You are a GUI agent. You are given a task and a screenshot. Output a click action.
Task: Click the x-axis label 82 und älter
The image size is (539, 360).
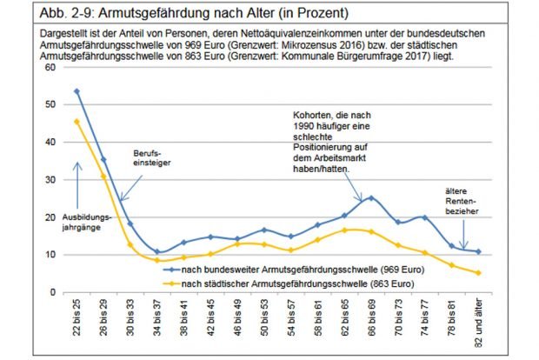pyautogui.click(x=478, y=323)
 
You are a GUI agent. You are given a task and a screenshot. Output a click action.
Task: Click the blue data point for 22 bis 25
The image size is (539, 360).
pyautogui.click(x=77, y=91)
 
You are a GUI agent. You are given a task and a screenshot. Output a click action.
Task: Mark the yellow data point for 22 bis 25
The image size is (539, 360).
pyautogui.click(x=77, y=122)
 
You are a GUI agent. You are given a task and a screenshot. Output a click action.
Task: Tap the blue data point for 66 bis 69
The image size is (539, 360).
pyautogui.click(x=371, y=198)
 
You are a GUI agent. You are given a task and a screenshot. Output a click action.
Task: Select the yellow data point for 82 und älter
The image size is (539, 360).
pyautogui.click(x=478, y=272)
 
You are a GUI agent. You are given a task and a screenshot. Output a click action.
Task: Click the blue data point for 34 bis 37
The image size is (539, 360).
pyautogui.click(x=157, y=252)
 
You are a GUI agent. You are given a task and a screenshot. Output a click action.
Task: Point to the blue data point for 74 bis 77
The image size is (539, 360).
pyautogui.click(x=425, y=217)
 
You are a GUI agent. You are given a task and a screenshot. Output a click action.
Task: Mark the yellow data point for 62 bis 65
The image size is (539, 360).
pyautogui.click(x=345, y=230)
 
